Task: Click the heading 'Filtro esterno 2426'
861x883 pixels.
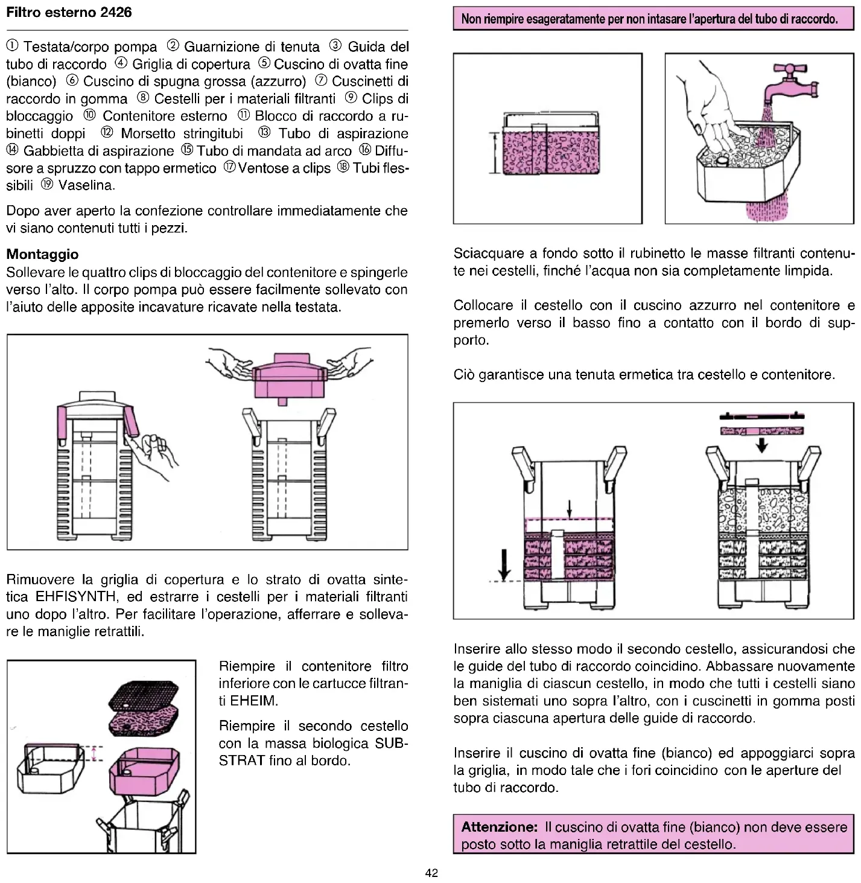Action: point(69,13)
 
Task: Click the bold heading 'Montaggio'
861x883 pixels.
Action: point(42,254)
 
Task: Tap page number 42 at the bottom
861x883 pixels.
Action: point(431,873)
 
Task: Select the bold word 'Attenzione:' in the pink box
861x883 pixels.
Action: point(499,827)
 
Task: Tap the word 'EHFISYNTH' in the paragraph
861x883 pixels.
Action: point(76,597)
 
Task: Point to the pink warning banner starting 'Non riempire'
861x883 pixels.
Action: point(653,19)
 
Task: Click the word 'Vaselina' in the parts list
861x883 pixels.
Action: point(86,185)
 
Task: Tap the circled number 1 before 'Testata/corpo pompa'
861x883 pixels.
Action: point(12,46)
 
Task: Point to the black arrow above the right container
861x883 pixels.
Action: point(762,445)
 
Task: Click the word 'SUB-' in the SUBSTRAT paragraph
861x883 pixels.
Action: point(392,743)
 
